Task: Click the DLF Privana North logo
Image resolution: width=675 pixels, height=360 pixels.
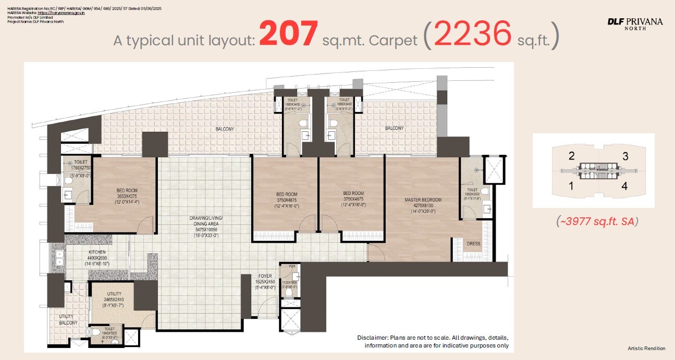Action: (x=635, y=23)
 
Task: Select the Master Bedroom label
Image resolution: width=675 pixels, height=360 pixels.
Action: (x=423, y=200)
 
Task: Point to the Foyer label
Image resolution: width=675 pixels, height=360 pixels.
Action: (x=264, y=276)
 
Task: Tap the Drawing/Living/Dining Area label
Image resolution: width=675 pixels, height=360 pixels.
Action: (x=205, y=221)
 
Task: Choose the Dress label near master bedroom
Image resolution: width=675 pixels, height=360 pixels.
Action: (x=473, y=244)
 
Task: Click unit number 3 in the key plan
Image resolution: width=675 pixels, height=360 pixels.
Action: (x=625, y=156)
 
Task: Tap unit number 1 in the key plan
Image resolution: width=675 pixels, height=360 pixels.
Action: (x=572, y=185)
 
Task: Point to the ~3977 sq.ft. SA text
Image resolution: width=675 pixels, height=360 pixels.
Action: (x=597, y=221)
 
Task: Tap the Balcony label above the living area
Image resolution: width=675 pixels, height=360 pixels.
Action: (x=225, y=129)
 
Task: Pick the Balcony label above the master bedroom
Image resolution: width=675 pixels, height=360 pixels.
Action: (x=394, y=128)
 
